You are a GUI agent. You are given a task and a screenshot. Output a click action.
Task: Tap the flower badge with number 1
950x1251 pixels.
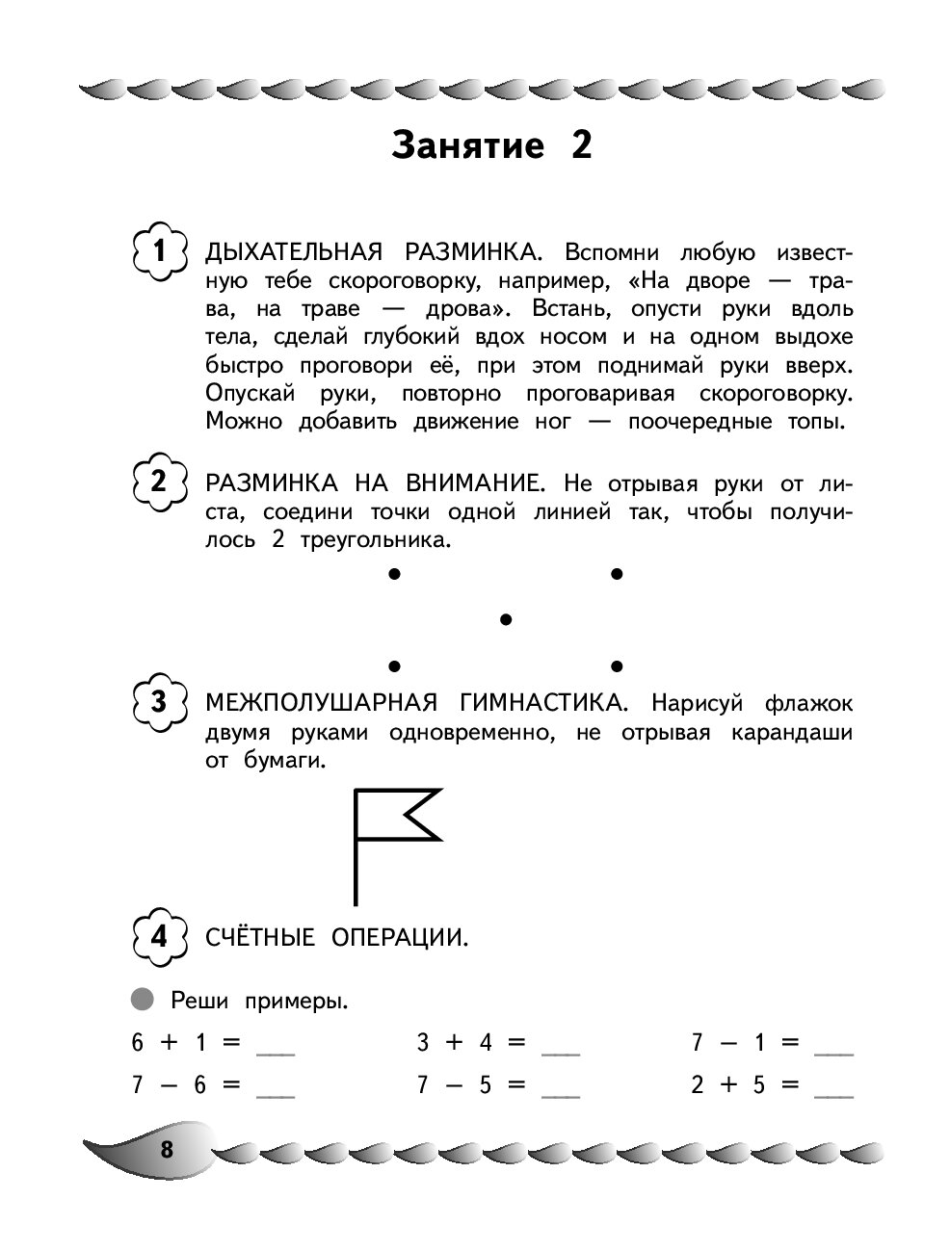pyautogui.click(x=159, y=252)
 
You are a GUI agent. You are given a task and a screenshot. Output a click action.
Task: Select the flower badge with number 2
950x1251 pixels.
pyautogui.click(x=159, y=481)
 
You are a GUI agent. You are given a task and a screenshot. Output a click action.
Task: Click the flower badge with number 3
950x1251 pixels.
pyautogui.click(x=159, y=702)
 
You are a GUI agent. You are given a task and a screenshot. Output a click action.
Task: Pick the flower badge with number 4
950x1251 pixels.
pyautogui.click(x=159, y=935)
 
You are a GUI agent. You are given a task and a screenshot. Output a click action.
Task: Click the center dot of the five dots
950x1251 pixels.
pyautogui.click(x=505, y=619)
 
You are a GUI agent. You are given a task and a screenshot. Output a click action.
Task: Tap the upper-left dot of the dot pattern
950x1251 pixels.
pyautogui.click(x=393, y=575)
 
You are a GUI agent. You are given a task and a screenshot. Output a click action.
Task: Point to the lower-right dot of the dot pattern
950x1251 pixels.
pyautogui.click(x=617, y=665)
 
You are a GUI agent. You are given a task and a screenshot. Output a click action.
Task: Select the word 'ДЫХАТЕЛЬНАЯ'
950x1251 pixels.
pyautogui.click(x=288, y=253)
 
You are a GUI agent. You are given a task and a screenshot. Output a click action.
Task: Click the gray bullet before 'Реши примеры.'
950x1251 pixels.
pyautogui.click(x=143, y=1000)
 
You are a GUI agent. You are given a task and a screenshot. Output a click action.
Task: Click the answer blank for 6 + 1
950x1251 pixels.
pyautogui.click(x=276, y=1046)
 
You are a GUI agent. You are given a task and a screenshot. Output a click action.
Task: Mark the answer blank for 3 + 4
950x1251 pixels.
pyautogui.click(x=561, y=1046)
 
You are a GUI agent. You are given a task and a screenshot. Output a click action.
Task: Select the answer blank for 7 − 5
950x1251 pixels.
pyautogui.click(x=561, y=1088)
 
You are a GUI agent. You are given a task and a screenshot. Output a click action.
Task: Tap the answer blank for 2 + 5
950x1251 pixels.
pyautogui.click(x=834, y=1088)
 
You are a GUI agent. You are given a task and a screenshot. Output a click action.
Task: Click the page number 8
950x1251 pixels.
pyautogui.click(x=166, y=1149)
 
